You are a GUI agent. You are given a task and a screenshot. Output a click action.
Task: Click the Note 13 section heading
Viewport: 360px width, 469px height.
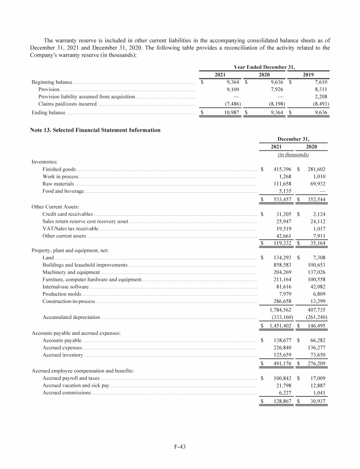[95, 129]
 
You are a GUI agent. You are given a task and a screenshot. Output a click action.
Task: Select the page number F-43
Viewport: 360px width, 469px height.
[180, 446]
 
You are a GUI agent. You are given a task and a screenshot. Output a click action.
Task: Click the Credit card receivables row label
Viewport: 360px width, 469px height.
[67, 214]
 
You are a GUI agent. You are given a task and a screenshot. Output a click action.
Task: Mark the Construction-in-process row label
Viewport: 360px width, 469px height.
[68, 302]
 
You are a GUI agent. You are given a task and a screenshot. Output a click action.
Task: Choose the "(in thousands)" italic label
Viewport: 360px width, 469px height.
[293, 154]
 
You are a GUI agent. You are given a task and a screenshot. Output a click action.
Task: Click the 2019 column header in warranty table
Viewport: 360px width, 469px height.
[308, 75]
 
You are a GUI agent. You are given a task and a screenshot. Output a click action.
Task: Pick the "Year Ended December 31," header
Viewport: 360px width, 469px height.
[264, 66]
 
